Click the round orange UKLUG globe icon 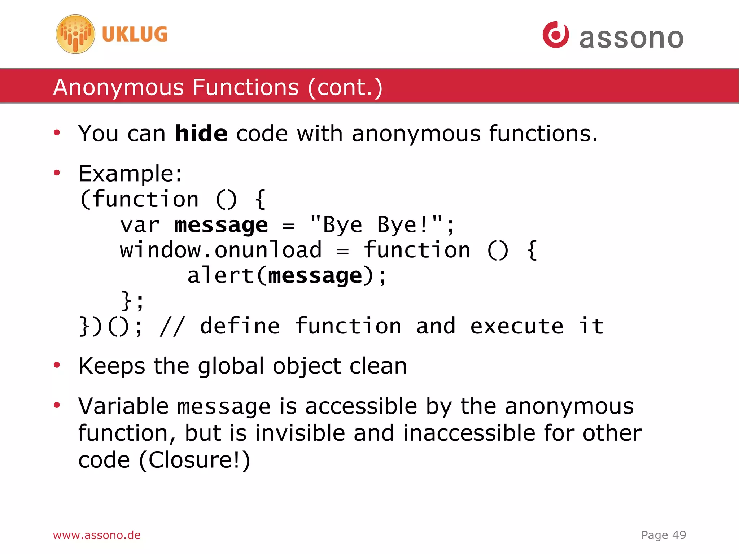[x=75, y=34]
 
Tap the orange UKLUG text [x=135, y=34]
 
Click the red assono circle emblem [x=555, y=35]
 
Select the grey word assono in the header [x=631, y=38]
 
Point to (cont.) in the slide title [x=345, y=87]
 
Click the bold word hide [x=201, y=134]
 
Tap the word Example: [x=130, y=174]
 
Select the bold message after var [x=221, y=225]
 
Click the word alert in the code [x=220, y=275]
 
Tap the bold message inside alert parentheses [x=315, y=276]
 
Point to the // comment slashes [x=172, y=326]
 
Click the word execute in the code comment [x=516, y=326]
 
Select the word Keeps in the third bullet [x=112, y=366]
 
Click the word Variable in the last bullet [x=123, y=406]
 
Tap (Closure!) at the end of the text [x=195, y=460]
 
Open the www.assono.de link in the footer [x=97, y=535]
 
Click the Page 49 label [x=663, y=535]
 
